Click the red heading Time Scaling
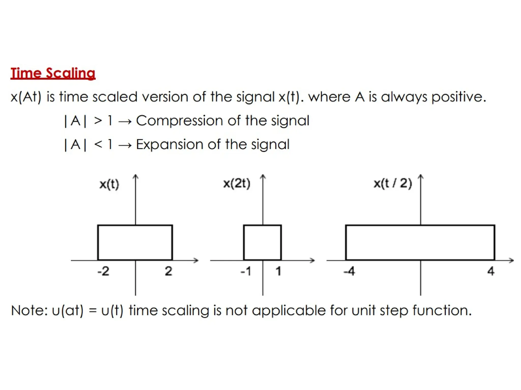tap(53, 73)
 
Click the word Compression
tap(179, 121)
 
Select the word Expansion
tap(169, 144)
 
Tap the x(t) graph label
tap(109, 184)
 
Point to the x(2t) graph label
tap(237, 183)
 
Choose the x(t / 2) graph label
tap(393, 183)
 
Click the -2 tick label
tap(104, 271)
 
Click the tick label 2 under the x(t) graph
tap(168, 271)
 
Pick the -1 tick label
tap(246, 271)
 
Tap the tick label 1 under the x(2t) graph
tap(278, 271)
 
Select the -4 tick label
tap(349, 271)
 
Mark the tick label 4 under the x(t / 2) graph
tap(491, 271)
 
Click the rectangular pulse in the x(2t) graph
tap(263, 242)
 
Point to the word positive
tap(458, 97)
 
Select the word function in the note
tap(442, 310)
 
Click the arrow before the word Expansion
tap(125, 145)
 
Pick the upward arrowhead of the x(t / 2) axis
tap(421, 177)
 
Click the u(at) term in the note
tap(67, 310)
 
